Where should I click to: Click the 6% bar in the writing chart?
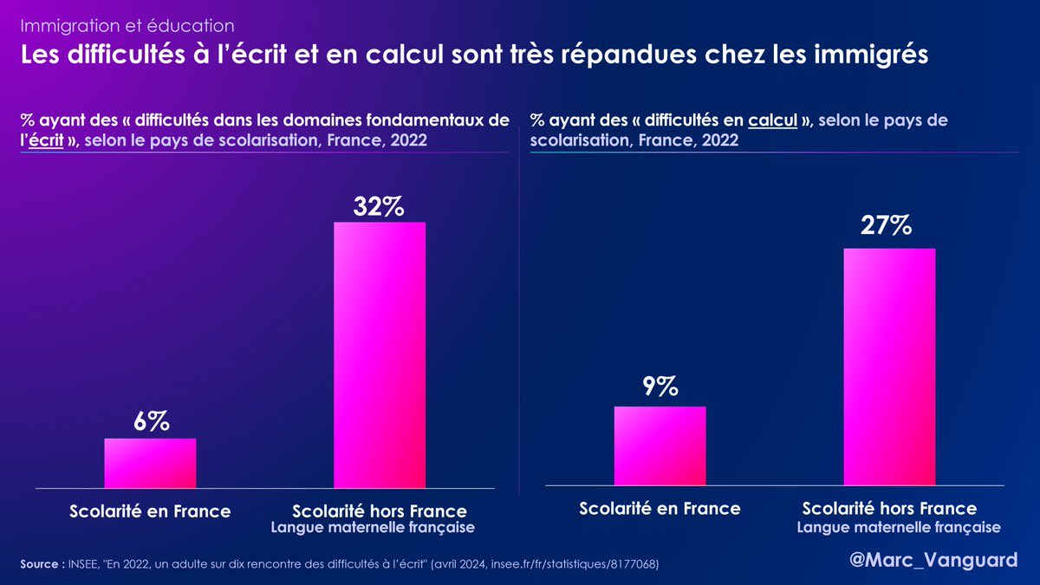150,464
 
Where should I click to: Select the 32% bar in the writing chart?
380,355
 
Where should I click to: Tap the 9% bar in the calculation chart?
660,445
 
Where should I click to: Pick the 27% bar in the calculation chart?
889,367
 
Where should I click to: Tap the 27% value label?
886,225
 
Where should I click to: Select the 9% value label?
660,387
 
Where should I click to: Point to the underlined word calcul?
773,120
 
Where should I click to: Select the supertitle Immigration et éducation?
127,27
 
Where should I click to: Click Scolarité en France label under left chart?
150,511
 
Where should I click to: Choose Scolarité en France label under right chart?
660,509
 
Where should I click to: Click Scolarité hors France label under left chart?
380,511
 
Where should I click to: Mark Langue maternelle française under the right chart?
899,527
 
